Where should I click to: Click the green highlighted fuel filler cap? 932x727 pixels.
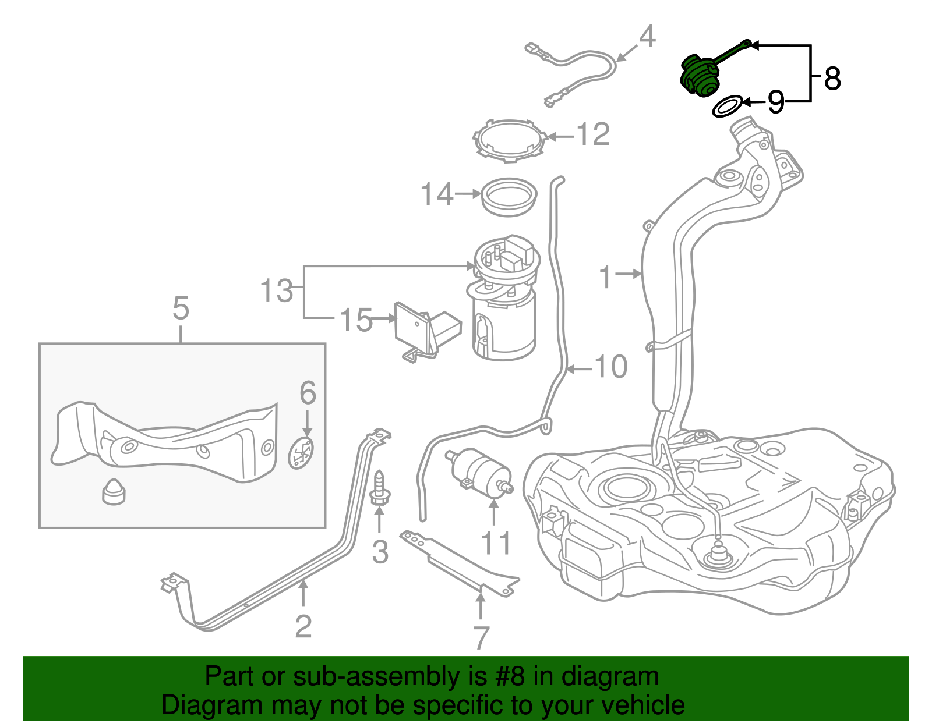coord(700,75)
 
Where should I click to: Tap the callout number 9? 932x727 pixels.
coord(775,102)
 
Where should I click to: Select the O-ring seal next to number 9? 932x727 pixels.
coord(728,107)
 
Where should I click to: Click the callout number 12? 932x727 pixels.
coord(593,134)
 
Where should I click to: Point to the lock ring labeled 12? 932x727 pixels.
coord(510,140)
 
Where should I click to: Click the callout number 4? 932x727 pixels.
coord(647,37)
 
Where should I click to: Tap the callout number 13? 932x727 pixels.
coord(276,290)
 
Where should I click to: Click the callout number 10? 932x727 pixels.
coord(610,367)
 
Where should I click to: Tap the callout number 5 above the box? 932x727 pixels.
coord(181,308)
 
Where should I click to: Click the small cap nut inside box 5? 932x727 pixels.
coord(114,492)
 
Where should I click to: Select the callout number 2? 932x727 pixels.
coord(303,626)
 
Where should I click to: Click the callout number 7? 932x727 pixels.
coord(481,638)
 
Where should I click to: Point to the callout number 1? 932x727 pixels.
coord(606,277)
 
